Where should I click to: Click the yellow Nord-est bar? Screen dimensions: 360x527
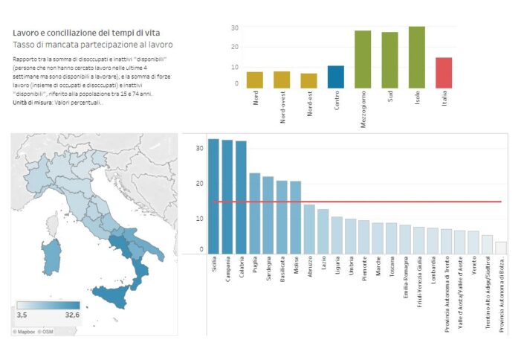point(308,80)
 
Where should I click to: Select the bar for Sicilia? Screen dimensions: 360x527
point(213,196)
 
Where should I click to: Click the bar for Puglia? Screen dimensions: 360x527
point(254,213)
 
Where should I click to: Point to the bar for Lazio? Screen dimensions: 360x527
point(323,231)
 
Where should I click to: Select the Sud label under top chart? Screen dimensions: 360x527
point(390,97)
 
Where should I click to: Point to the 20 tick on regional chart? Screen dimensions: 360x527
point(199,183)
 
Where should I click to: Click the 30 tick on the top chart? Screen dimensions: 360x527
point(235,28)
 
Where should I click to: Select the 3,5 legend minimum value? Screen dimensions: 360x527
point(22,315)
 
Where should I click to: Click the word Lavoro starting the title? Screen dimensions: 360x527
point(26,33)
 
